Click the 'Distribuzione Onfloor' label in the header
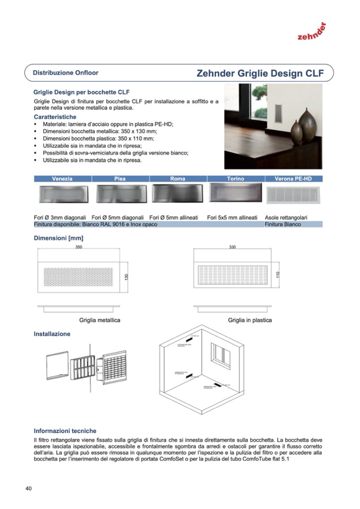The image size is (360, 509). pyautogui.click(x=65, y=73)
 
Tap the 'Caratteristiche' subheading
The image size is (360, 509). pyautogui.click(x=55, y=117)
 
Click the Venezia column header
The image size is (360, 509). pyautogui.click(x=62, y=179)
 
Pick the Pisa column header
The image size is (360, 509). pyautogui.click(x=120, y=179)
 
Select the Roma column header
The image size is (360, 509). pyautogui.click(x=177, y=179)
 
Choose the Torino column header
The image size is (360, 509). pyautogui.click(x=235, y=179)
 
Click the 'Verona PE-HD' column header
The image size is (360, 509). pyautogui.click(x=293, y=179)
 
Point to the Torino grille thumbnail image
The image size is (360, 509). pyautogui.click(x=235, y=192)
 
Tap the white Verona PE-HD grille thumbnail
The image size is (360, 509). pyautogui.click(x=293, y=194)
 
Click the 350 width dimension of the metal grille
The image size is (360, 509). pyautogui.click(x=79, y=247)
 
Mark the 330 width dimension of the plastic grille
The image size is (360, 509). pyautogui.click(x=233, y=247)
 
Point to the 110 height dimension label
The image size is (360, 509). pyautogui.click(x=277, y=275)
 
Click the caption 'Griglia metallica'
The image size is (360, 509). pyautogui.click(x=100, y=320)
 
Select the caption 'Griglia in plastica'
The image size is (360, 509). pyautogui.click(x=250, y=320)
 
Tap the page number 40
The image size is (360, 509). pyautogui.click(x=29, y=488)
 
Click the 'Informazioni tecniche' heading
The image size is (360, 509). pyautogui.click(x=65, y=431)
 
